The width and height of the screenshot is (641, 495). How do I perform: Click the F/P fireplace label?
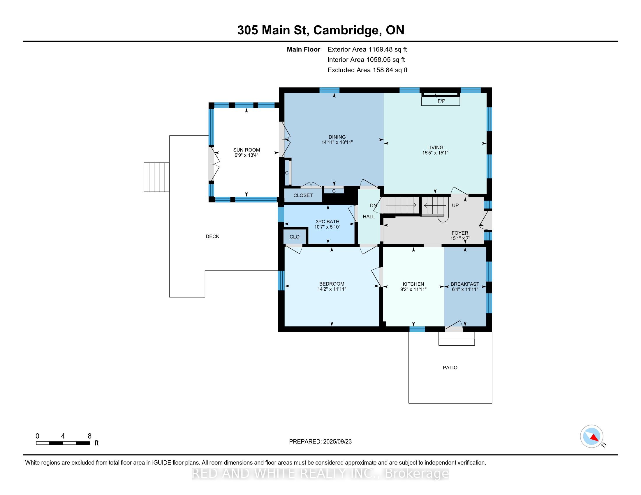click(x=441, y=101)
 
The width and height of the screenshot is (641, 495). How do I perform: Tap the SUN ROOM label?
click(x=246, y=150)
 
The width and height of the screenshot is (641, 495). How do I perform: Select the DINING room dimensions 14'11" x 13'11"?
click(x=337, y=142)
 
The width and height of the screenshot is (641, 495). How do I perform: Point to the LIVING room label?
click(x=435, y=148)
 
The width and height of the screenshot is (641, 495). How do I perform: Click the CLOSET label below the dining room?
click(x=303, y=195)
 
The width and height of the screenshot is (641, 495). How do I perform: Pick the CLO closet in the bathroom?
click(x=295, y=237)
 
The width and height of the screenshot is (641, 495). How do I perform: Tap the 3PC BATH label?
click(x=327, y=222)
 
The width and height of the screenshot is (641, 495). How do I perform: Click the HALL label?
click(x=369, y=217)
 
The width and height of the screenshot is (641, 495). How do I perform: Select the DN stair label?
click(x=373, y=206)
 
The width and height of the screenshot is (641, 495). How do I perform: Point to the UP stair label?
click(x=455, y=206)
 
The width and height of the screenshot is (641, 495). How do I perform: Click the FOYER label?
click(x=460, y=233)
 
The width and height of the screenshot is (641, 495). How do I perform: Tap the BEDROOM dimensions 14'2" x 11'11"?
click(x=332, y=289)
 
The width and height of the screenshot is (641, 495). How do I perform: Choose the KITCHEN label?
click(x=413, y=284)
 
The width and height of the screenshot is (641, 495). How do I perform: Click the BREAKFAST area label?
click(x=465, y=284)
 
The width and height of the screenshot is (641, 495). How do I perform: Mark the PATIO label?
click(x=450, y=368)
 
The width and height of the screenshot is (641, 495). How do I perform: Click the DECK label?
click(x=212, y=237)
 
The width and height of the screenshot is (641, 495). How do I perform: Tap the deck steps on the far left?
click(x=156, y=177)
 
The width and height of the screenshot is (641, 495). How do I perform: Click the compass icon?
click(x=592, y=436)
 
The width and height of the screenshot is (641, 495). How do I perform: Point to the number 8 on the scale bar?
click(x=89, y=436)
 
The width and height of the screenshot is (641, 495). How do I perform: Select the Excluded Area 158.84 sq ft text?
click(x=367, y=70)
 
